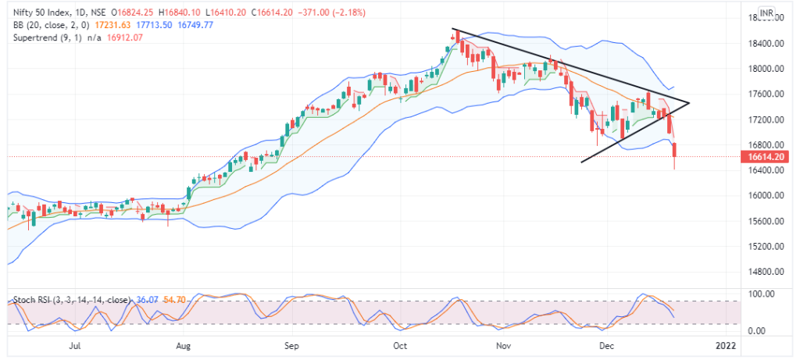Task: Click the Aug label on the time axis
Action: click(184, 344)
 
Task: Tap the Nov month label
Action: click(504, 344)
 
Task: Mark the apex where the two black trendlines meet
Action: click(689, 102)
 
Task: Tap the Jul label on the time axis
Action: click(75, 344)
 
